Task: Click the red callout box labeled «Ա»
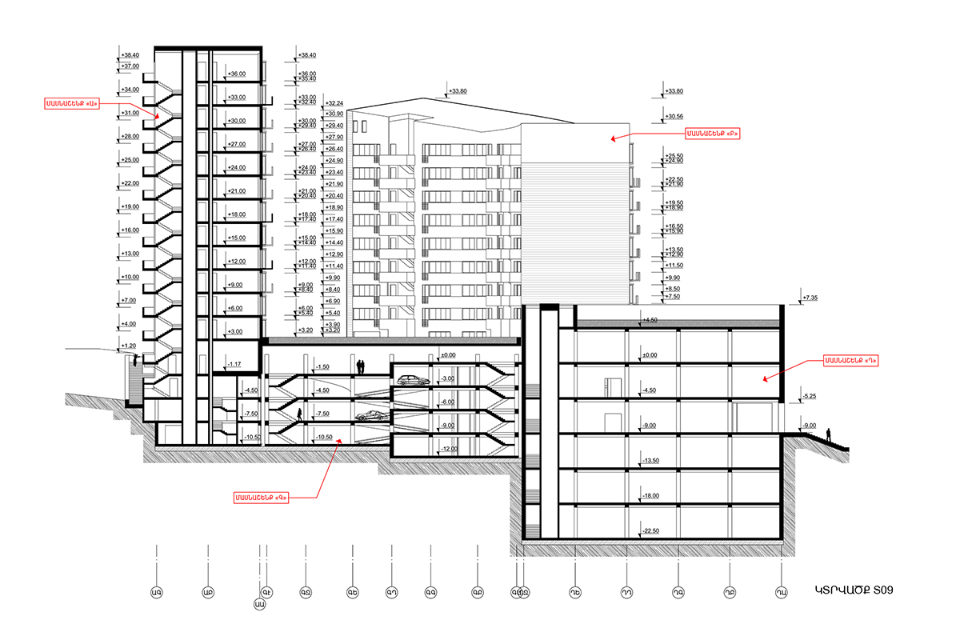(71, 103)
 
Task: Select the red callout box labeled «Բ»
(711, 134)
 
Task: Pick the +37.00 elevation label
(130, 66)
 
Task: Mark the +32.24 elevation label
(335, 104)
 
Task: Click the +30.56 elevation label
(674, 115)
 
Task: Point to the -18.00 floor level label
(649, 496)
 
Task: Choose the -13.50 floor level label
(649, 461)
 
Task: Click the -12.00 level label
(449, 449)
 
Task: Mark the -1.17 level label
(234, 364)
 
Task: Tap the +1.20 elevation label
(128, 346)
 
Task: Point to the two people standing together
(361, 366)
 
